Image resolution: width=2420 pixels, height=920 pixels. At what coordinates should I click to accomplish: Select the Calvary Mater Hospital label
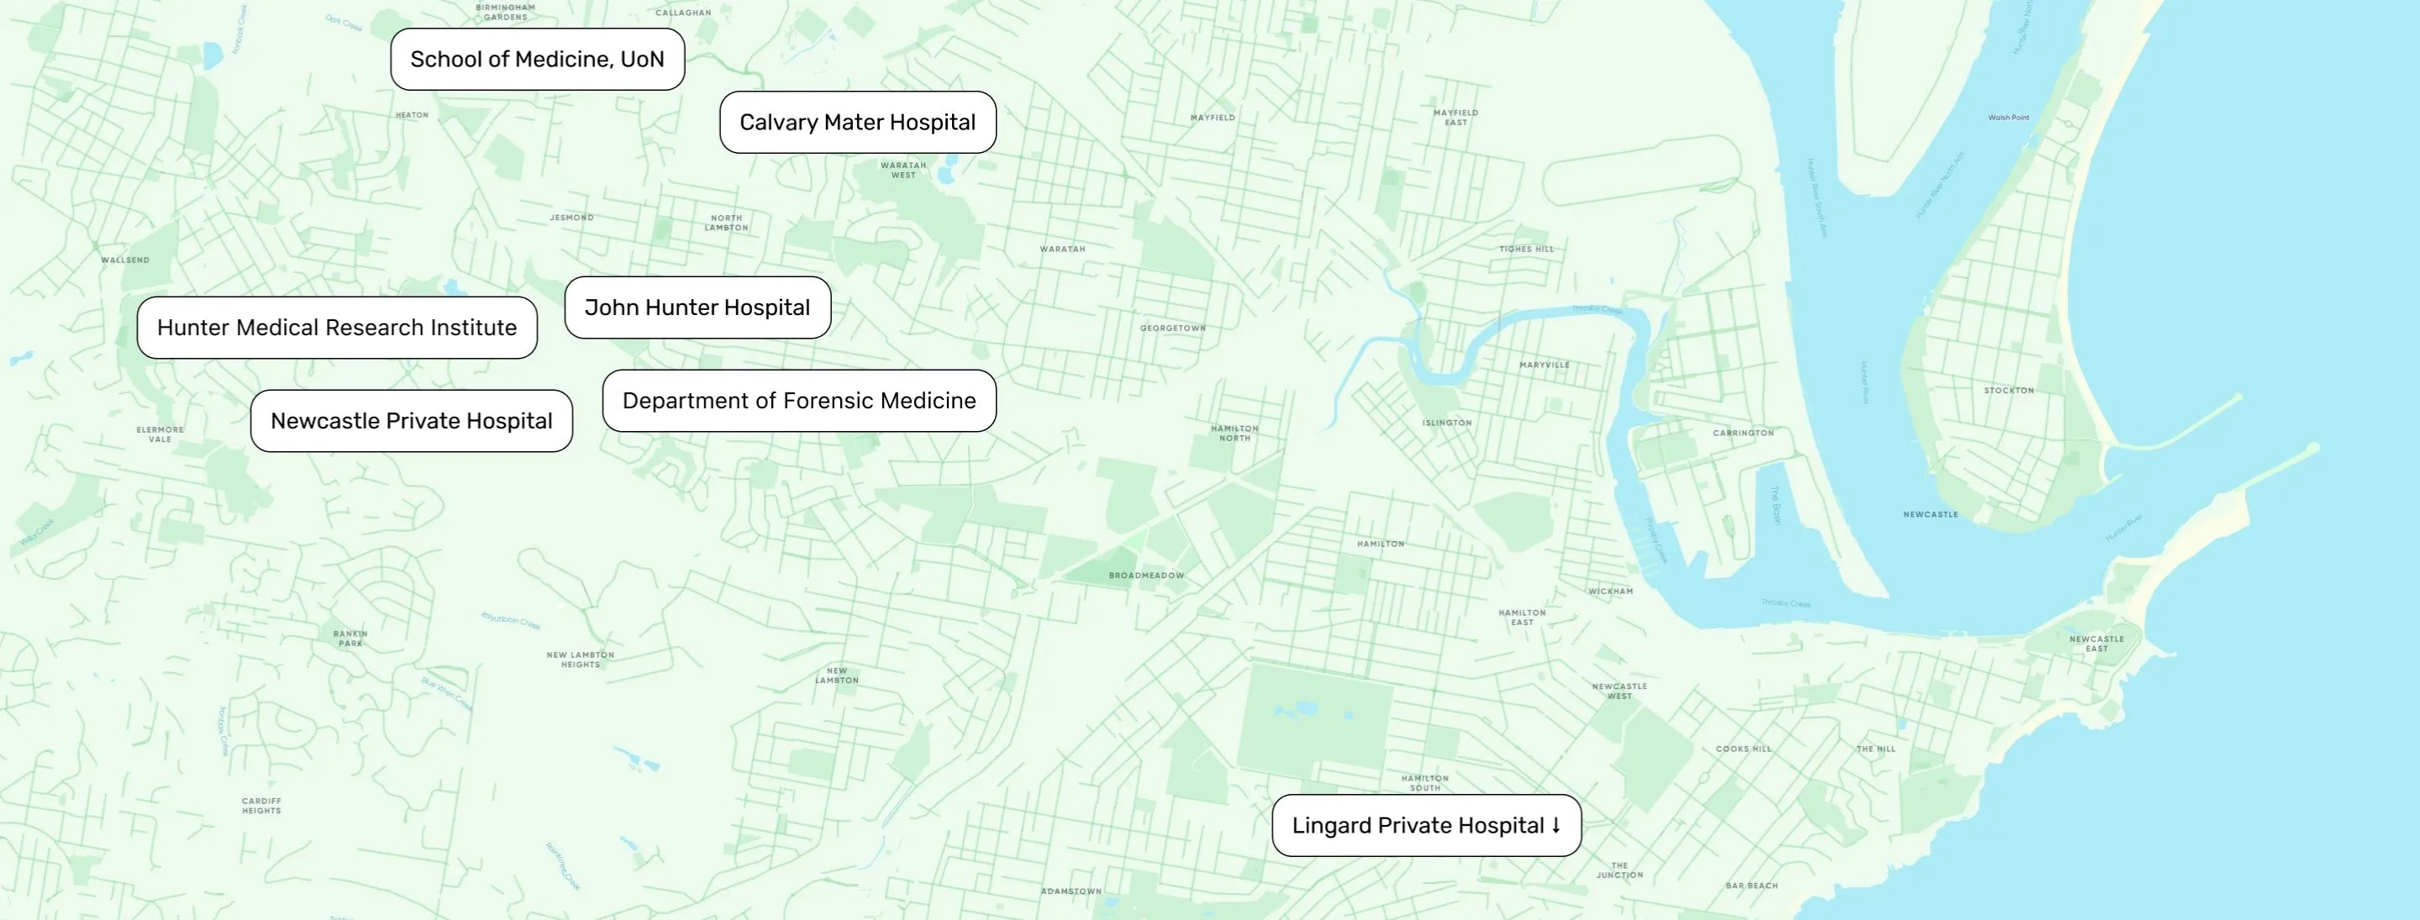click(x=857, y=122)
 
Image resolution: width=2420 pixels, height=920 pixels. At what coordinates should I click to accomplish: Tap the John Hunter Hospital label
click(x=697, y=308)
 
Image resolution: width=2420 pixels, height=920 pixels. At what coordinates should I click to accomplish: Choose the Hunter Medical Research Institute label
click(x=336, y=327)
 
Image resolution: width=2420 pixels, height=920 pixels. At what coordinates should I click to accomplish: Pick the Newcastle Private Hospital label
click(x=411, y=421)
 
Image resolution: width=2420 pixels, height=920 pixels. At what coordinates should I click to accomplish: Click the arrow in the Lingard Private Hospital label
click(x=1555, y=825)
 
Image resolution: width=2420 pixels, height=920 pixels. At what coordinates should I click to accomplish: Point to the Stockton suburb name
click(x=2008, y=390)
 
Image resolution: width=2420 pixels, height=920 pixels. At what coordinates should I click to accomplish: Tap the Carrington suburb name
click(x=1743, y=434)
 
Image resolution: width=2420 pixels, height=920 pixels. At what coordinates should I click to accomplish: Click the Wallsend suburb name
click(x=125, y=260)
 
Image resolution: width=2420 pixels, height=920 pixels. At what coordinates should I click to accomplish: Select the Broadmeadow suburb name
click(x=1146, y=576)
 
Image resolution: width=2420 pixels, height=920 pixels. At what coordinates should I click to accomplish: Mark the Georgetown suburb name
click(x=1172, y=328)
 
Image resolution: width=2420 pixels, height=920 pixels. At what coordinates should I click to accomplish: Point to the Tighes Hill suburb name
click(x=1526, y=249)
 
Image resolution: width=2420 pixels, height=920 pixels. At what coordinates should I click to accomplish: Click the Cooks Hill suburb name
click(x=1744, y=749)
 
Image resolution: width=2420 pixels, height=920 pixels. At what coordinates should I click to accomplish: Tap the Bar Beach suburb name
click(x=1751, y=886)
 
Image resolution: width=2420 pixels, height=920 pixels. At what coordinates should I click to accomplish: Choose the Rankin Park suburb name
click(x=350, y=638)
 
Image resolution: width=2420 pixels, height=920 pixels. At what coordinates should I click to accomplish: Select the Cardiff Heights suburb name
click(x=261, y=806)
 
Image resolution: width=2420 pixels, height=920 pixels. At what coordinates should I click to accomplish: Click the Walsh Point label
click(x=2007, y=118)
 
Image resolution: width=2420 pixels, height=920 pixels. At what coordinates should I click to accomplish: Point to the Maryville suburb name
click(x=1544, y=365)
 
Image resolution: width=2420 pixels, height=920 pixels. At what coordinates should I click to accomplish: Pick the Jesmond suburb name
click(x=571, y=217)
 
